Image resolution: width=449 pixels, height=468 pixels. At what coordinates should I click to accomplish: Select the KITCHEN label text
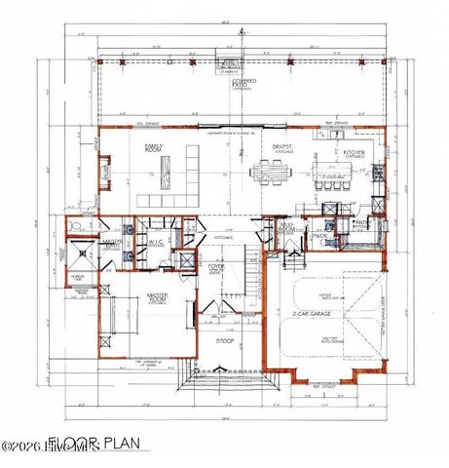353,152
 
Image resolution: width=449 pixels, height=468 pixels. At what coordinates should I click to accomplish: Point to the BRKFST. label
283,149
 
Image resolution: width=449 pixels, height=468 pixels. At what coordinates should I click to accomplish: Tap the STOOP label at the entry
223,341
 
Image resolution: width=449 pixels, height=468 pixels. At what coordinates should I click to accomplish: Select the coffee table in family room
168,178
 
